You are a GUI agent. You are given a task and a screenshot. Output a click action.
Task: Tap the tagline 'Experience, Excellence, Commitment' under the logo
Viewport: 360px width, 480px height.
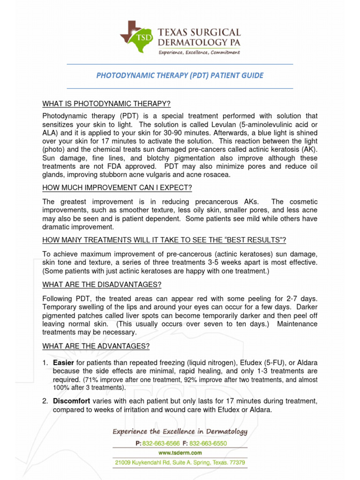[x=199, y=52]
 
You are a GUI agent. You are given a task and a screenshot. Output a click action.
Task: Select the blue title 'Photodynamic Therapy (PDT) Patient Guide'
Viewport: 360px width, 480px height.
[x=180, y=75]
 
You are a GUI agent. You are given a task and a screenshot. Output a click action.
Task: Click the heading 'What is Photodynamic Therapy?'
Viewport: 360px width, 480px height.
[x=106, y=104]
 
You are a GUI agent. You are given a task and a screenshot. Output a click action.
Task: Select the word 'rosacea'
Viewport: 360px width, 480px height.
[x=218, y=175]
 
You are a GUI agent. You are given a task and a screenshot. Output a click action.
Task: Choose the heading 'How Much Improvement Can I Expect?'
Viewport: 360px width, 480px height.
[x=117, y=188]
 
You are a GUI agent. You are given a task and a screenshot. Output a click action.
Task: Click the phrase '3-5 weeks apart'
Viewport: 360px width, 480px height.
[x=255, y=262]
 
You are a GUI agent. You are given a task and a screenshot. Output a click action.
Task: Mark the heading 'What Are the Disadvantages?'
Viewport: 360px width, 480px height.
[x=102, y=285]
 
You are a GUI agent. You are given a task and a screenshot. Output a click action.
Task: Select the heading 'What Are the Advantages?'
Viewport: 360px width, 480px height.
[x=96, y=346]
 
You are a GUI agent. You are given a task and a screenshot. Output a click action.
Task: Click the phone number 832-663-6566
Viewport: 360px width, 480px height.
[x=159, y=443]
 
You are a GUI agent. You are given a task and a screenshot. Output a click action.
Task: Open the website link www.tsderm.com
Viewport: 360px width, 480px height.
[x=180, y=453]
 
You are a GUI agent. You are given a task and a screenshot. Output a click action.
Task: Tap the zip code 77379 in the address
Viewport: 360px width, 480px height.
[x=236, y=463]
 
